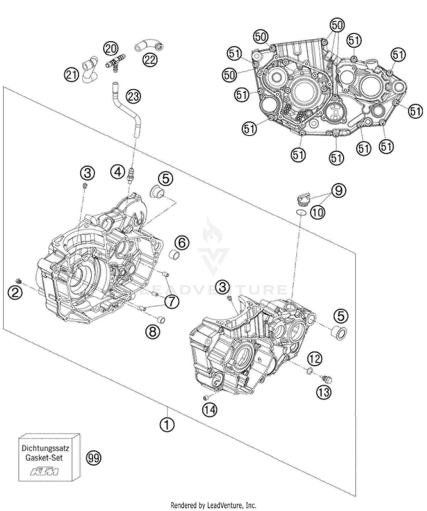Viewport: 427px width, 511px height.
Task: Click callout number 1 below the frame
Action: [x=167, y=425]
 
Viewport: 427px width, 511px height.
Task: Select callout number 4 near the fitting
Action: [x=118, y=172]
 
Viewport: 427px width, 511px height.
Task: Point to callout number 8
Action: [x=153, y=331]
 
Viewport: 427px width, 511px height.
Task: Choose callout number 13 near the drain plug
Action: [x=324, y=392]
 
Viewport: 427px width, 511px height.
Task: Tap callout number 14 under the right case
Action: [x=210, y=410]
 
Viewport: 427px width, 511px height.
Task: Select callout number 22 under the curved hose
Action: [x=150, y=60]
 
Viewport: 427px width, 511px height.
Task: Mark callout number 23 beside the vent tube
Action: [x=134, y=97]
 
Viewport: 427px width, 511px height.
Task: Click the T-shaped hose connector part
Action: [x=116, y=63]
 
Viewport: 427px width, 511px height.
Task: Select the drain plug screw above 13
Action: [x=328, y=379]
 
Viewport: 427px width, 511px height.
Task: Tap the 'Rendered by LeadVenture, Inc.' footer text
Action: [x=213, y=505]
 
